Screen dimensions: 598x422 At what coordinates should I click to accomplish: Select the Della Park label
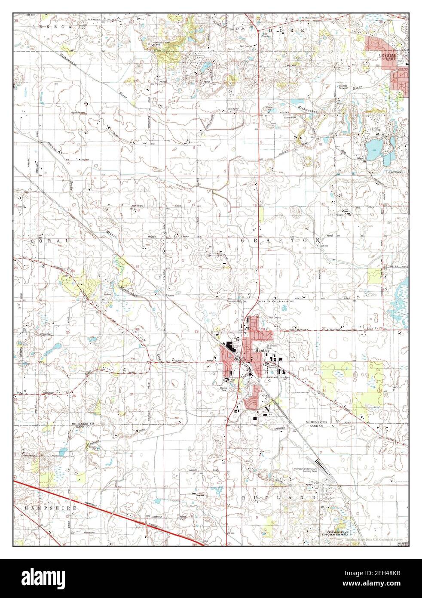[x=403, y=69]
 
